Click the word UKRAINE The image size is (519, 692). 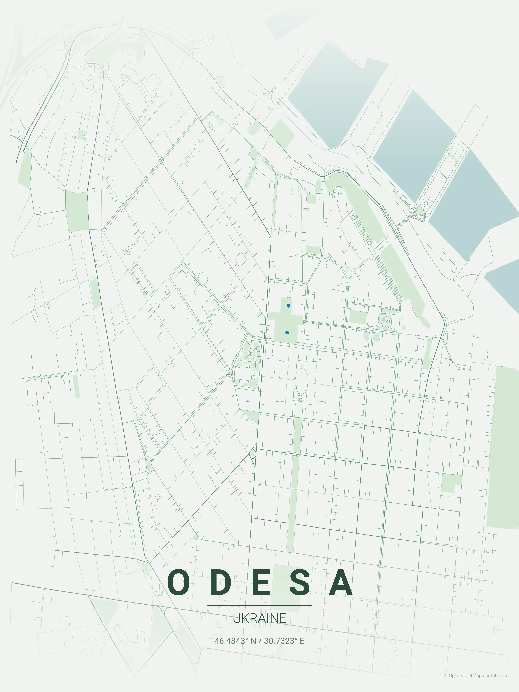[259, 618]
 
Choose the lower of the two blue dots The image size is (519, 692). [287, 333]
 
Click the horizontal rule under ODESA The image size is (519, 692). [259, 605]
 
